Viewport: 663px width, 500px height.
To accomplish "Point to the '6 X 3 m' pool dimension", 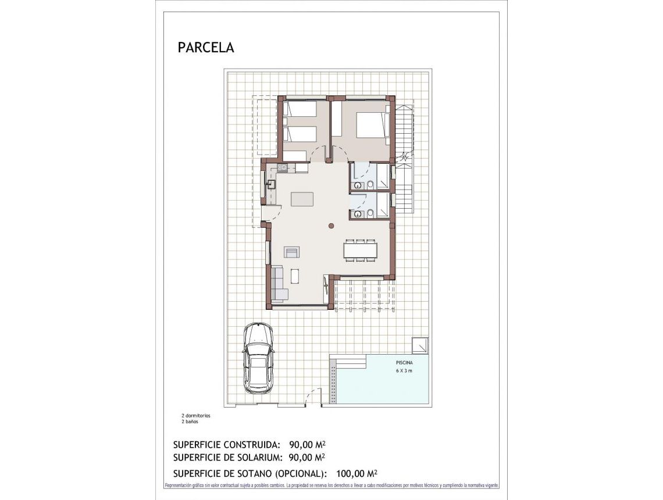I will pyautogui.click(x=404, y=370).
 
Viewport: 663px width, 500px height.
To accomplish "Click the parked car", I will pyautogui.click(x=258, y=359).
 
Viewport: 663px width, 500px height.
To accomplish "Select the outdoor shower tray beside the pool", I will pyautogui.click(x=420, y=345).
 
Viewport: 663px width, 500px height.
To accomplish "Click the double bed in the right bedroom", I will pyautogui.click(x=370, y=125).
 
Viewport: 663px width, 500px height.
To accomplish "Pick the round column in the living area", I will pyautogui.click(x=331, y=225).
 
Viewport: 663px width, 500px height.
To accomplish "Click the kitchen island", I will pyautogui.click(x=302, y=199).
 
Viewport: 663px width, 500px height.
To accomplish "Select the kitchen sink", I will pyautogui.click(x=270, y=184).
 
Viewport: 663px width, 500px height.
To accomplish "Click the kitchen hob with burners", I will pyautogui.click(x=282, y=168).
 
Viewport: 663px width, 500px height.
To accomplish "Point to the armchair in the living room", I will pyautogui.click(x=292, y=252).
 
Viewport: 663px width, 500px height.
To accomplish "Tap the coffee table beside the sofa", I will pyautogui.click(x=294, y=275).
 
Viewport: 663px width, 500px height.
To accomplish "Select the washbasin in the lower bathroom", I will pyautogui.click(x=358, y=214).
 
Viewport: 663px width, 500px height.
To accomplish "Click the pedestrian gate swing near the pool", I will pyautogui.click(x=314, y=397).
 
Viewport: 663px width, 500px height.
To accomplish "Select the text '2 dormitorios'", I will pyautogui.click(x=196, y=416).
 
